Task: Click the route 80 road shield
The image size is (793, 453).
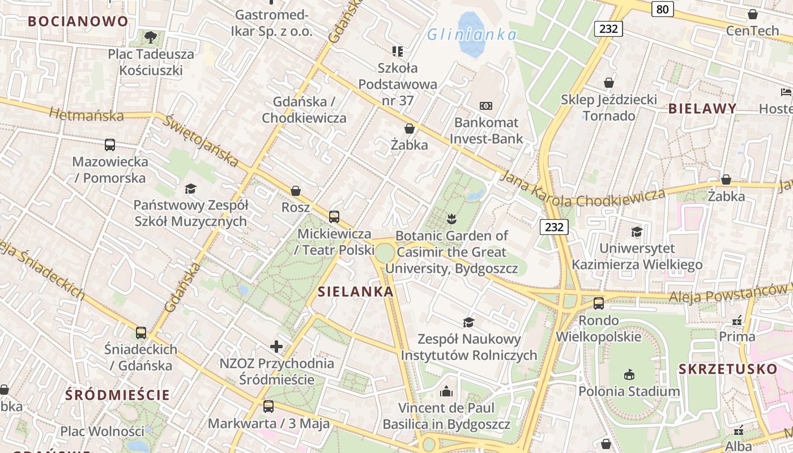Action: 662,9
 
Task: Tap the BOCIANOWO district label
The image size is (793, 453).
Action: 78,22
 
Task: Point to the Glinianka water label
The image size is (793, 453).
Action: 472,35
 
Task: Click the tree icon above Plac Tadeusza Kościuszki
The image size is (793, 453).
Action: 151,38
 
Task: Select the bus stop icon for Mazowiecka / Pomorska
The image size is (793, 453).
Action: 110,145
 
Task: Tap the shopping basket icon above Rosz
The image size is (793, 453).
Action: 296,191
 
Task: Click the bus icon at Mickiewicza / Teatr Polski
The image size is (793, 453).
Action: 334,217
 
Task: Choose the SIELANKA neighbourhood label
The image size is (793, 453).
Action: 356,292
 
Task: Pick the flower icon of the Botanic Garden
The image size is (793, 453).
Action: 451,219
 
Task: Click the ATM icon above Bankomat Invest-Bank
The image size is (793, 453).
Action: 486,106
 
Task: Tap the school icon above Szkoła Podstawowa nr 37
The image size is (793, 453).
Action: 398,52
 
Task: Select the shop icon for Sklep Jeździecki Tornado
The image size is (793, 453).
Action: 609,83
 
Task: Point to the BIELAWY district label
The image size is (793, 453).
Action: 702,109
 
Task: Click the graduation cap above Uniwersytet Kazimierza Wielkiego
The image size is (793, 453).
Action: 637,232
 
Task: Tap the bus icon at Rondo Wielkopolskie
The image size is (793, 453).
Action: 599,304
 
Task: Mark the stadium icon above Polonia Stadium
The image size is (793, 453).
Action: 629,374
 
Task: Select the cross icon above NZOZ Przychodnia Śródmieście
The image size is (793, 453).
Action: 276,347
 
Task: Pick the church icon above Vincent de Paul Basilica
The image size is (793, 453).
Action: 446,391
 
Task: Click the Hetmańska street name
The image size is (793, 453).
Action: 86,115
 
